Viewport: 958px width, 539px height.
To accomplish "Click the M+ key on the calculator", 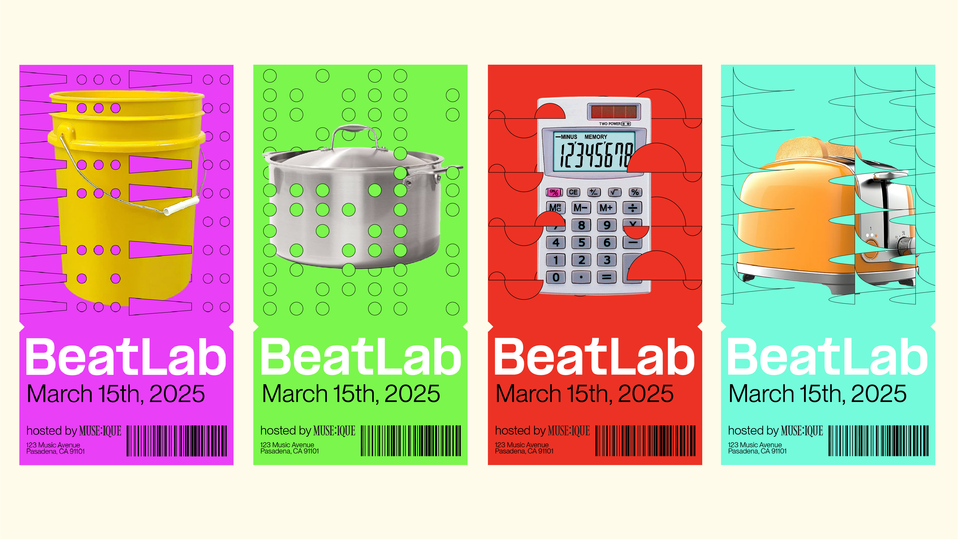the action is [x=606, y=207].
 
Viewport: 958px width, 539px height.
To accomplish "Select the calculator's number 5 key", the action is [x=581, y=242].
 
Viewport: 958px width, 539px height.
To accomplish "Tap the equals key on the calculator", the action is [x=607, y=277].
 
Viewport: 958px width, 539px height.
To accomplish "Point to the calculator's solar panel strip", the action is [x=614, y=111].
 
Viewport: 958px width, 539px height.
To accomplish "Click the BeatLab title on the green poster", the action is [x=360, y=357].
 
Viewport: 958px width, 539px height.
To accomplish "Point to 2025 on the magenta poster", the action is [x=177, y=394].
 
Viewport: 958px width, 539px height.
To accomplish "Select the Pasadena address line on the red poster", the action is [x=524, y=451].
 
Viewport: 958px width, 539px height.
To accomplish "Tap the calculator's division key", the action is [x=632, y=207].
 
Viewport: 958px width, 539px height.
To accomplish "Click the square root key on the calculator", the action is [x=614, y=192].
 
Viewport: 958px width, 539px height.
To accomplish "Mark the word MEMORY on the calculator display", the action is [x=596, y=137].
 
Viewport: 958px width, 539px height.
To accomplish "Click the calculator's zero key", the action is [x=556, y=277].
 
